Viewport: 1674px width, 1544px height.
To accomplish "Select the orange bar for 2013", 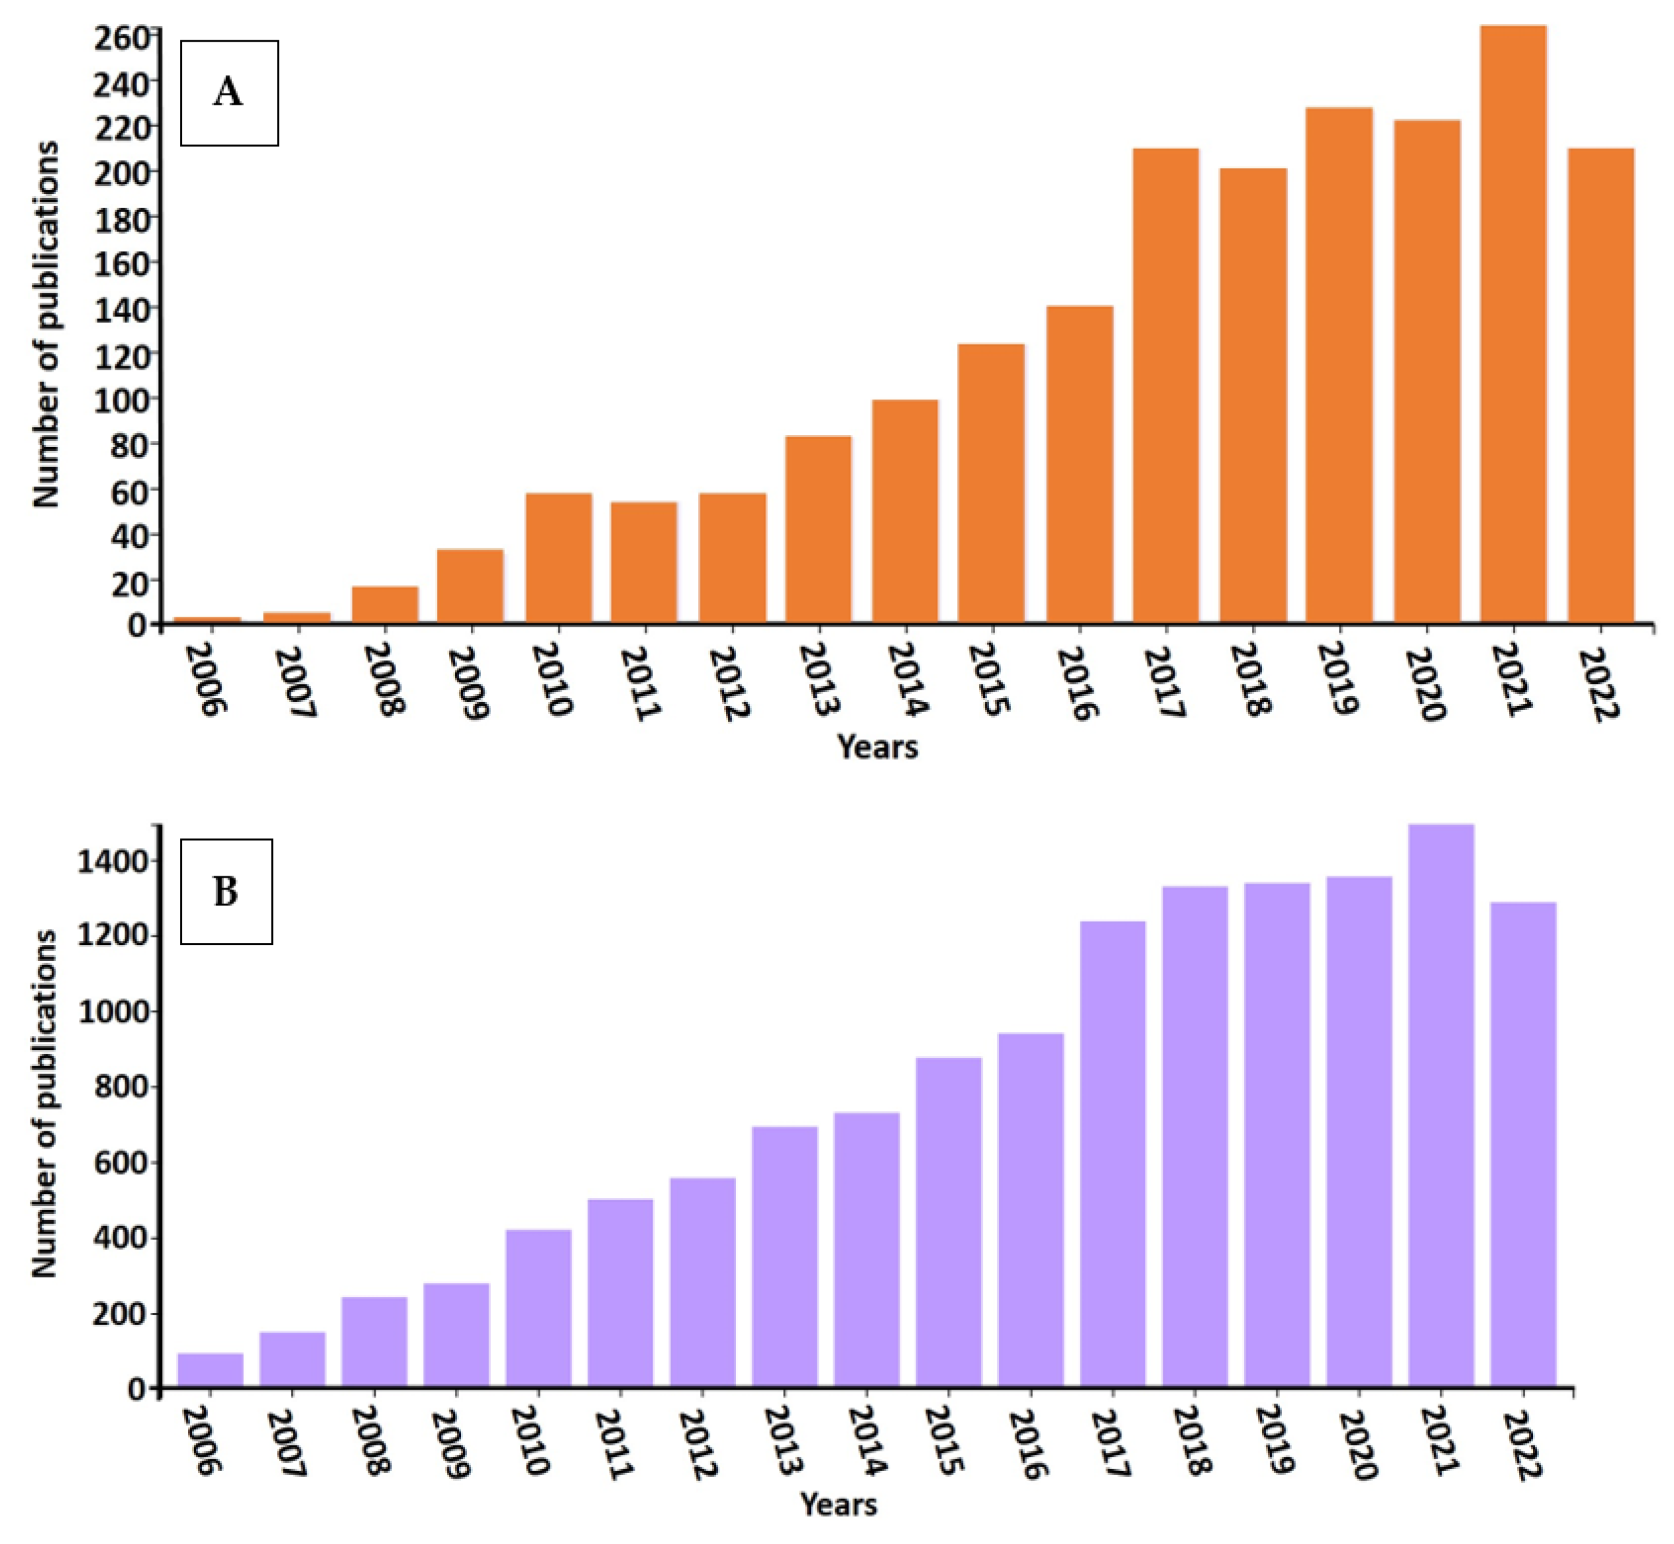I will (818, 530).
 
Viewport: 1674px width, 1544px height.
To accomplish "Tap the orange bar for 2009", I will (470, 586).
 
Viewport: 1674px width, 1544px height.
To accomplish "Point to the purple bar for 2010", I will (538, 1308).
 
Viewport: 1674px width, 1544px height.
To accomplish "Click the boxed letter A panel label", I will (229, 93).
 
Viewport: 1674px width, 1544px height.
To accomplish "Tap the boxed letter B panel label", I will (227, 892).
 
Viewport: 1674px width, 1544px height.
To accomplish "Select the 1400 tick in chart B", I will (113, 861).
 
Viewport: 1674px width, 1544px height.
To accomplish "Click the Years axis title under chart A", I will (878, 746).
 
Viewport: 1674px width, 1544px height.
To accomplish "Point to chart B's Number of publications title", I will (45, 1103).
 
